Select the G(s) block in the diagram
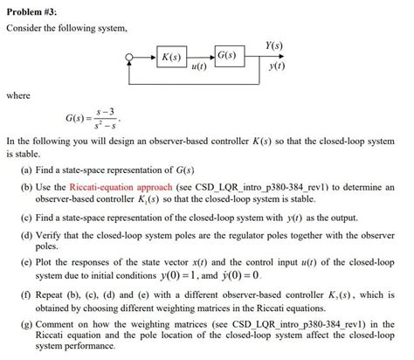pos(225,57)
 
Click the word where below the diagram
pos(18,94)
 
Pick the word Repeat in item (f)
pos(57,294)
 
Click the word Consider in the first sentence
pos(24,29)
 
